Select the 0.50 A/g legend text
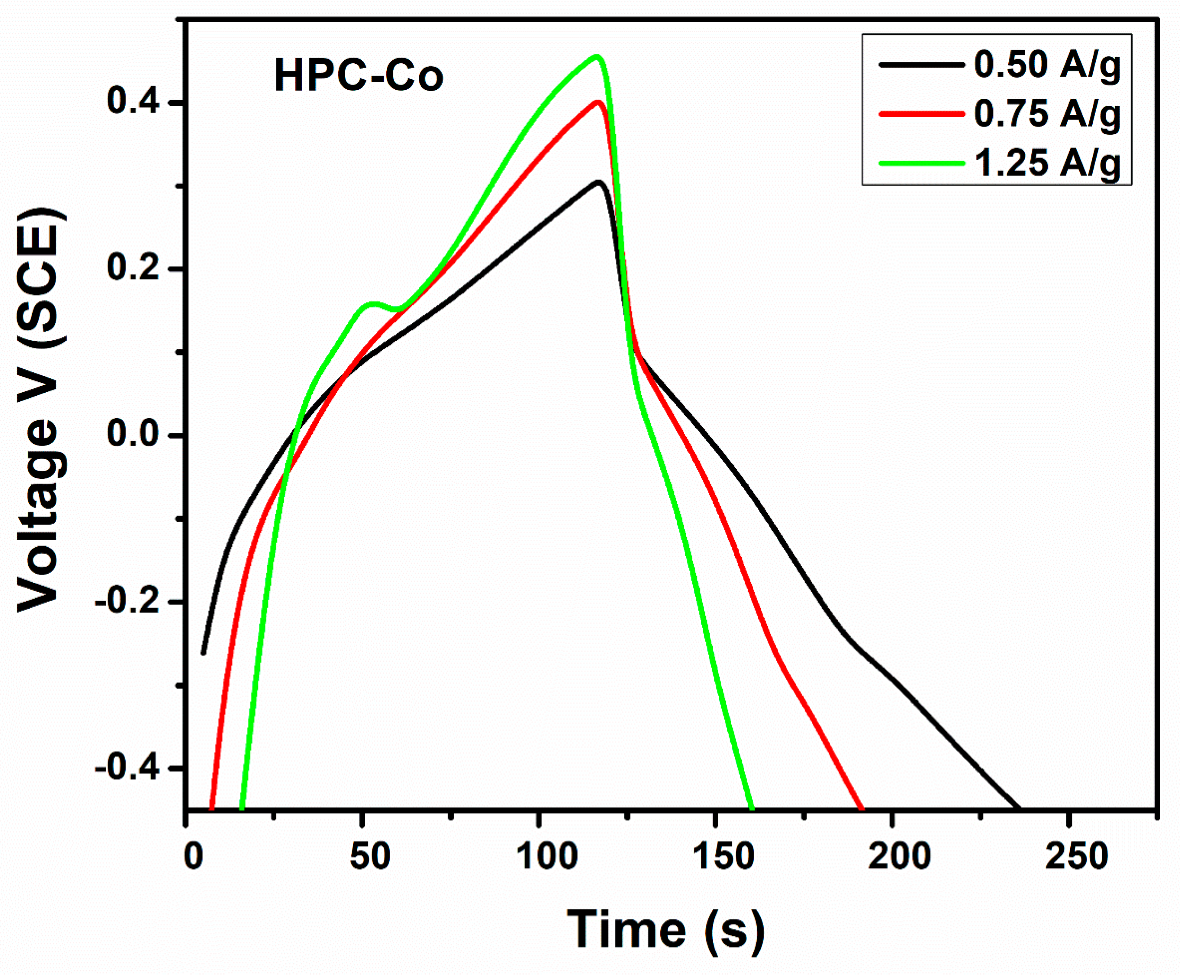coord(1047,65)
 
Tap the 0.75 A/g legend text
coord(1047,113)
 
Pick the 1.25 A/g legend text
coord(1047,163)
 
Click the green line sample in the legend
coord(921,163)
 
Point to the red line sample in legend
coord(921,113)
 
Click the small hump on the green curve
coord(373,304)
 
